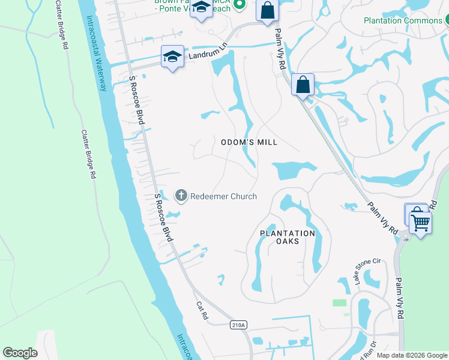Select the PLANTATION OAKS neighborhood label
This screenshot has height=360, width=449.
[x=288, y=237]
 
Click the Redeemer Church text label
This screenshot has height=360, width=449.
[x=223, y=196]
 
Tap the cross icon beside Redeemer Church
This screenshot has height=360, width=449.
[x=181, y=196]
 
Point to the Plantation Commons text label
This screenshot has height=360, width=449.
[x=402, y=20]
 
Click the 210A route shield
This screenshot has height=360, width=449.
[x=238, y=325]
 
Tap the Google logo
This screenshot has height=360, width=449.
[x=20, y=353]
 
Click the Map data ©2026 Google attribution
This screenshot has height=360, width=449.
[x=412, y=355]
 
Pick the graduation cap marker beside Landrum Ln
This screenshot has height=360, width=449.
[x=172, y=58]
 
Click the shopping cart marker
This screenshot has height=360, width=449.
[x=421, y=223]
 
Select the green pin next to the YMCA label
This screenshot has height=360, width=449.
[x=240, y=5]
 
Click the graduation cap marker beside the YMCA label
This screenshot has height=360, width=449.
[x=202, y=7]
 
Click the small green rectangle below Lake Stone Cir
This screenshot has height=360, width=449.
[x=340, y=303]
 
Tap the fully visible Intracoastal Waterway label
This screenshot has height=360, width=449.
[x=98, y=54]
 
